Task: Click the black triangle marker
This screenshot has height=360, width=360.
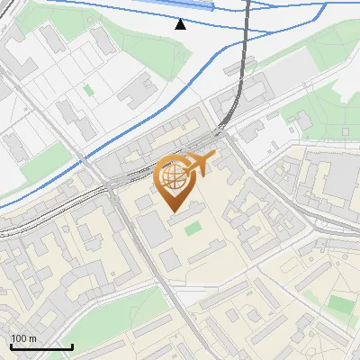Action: (x=180, y=23)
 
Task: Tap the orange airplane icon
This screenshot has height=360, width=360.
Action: (x=201, y=164)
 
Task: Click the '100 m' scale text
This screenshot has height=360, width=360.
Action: (x=23, y=338)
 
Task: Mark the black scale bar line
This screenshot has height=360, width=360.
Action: (x=41, y=346)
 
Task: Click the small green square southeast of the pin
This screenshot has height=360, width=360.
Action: (x=193, y=229)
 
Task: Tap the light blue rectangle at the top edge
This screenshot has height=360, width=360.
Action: (x=190, y=4)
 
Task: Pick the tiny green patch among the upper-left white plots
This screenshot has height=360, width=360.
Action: (x=88, y=90)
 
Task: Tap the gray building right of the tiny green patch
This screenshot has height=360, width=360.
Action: (x=135, y=90)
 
